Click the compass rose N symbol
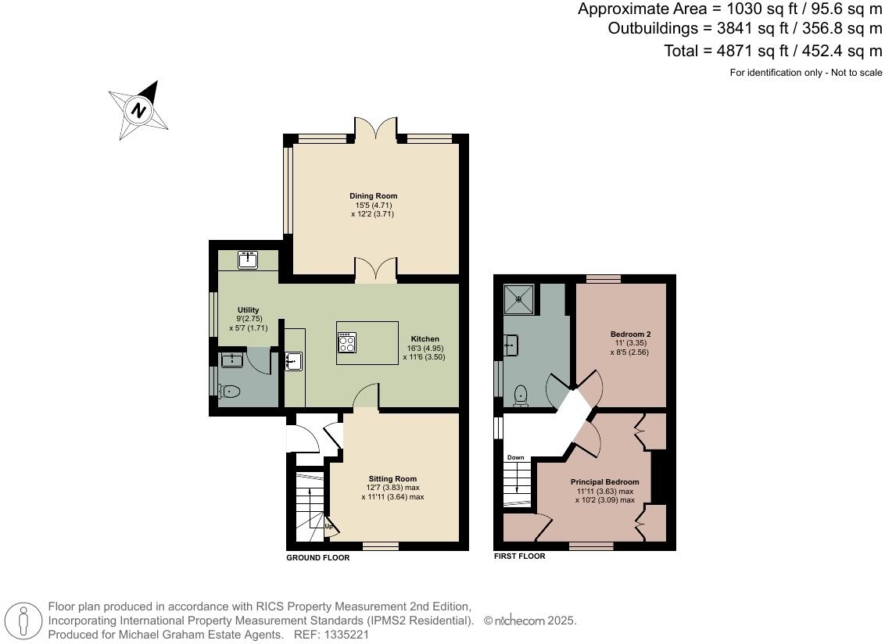click(x=138, y=110)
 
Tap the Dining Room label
click(x=373, y=196)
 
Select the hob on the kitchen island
click(x=346, y=342)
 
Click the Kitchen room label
click(x=425, y=338)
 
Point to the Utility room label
click(x=249, y=309)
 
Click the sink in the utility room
click(x=249, y=260)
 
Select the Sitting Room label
click(x=392, y=478)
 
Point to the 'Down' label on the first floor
click(x=515, y=457)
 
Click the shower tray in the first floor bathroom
click(x=518, y=298)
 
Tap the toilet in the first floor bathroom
click(x=521, y=395)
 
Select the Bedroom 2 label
click(x=630, y=334)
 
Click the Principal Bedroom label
click(x=604, y=482)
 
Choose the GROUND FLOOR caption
click(x=317, y=558)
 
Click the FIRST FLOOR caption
click(x=519, y=556)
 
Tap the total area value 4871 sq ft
click(x=752, y=51)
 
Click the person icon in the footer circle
click(x=23, y=622)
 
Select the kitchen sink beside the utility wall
click(x=293, y=360)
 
